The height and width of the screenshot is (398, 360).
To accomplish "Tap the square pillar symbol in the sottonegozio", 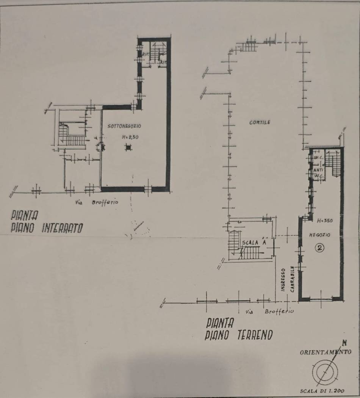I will pos(128,148).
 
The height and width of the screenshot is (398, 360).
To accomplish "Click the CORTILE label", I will pos(260,122).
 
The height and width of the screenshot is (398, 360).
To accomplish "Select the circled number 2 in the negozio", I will pos(321,248).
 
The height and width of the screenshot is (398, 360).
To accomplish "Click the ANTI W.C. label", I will pos(318,172).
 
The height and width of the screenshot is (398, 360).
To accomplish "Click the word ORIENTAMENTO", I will pos(326,352).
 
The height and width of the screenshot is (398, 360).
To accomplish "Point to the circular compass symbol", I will pos(325,369).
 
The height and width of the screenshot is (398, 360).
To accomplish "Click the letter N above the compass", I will pos(344,343).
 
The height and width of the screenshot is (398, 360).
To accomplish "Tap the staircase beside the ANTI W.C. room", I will pos(334,164).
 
